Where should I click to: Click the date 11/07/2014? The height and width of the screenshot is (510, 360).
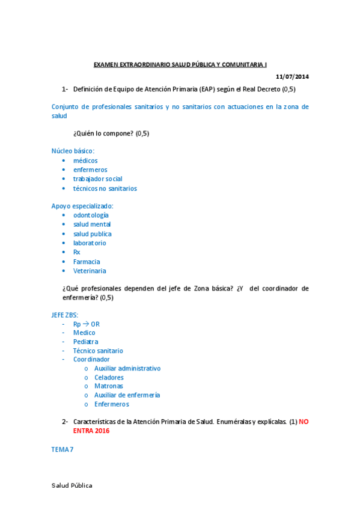point(292,76)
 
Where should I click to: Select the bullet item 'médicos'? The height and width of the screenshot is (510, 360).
point(85,161)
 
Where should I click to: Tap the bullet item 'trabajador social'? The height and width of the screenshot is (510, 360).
point(97,179)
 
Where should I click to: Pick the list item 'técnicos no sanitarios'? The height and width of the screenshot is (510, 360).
point(105,188)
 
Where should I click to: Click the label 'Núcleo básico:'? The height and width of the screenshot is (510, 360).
point(73,151)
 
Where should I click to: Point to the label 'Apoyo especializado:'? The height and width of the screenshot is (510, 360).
point(82,206)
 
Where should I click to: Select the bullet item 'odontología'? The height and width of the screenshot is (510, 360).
point(91,215)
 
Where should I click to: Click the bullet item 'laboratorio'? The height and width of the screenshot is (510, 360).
point(90,243)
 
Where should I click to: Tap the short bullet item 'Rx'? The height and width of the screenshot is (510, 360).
point(76,252)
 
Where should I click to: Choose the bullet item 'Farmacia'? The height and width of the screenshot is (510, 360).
point(87,262)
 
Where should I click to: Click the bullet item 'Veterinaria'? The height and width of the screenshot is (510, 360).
point(90,271)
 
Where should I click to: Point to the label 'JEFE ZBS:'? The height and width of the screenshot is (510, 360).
point(64,315)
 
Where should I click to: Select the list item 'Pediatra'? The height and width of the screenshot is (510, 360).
point(85,342)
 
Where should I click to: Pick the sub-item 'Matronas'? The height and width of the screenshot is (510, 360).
point(108,386)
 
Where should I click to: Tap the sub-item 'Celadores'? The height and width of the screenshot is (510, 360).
point(109,378)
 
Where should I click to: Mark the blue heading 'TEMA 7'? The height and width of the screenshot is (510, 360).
point(63,449)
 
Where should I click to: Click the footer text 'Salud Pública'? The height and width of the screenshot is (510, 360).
point(72,485)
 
